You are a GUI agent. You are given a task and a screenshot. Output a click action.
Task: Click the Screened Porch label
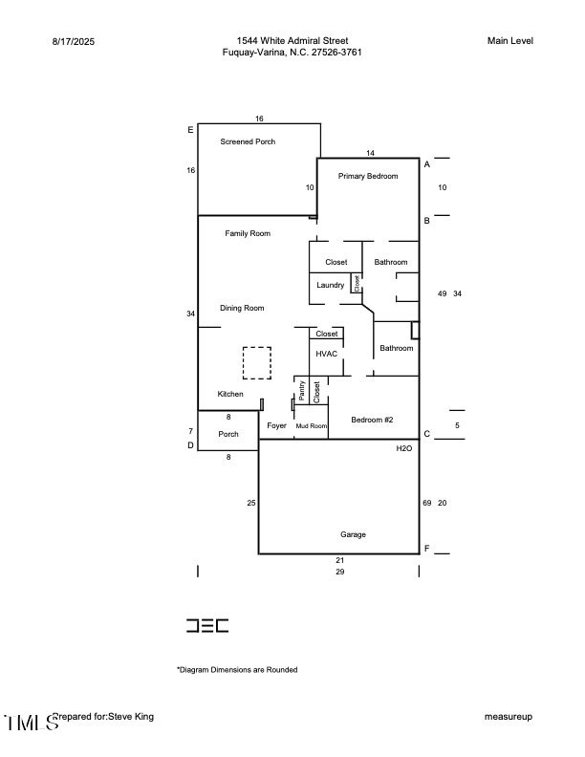[x=248, y=141]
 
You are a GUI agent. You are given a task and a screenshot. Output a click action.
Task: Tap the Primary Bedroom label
[x=367, y=176]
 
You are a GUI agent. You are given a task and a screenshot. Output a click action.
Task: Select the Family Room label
[x=248, y=233]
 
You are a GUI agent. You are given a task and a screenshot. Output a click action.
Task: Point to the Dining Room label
[x=242, y=308]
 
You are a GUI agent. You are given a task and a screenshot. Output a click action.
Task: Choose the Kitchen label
[x=230, y=394]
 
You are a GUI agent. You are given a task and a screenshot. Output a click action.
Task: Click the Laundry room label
[x=330, y=285]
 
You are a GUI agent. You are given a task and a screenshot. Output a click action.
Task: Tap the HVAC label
[x=327, y=354]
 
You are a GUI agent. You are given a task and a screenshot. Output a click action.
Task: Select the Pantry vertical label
[x=302, y=390]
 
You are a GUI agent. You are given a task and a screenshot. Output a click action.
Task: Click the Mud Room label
[x=311, y=425]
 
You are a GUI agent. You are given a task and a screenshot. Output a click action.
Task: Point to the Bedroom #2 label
[x=372, y=420]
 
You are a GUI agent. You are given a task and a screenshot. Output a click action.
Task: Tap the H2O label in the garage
[x=404, y=447]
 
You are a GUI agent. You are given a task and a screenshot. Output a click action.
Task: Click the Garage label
[x=353, y=534]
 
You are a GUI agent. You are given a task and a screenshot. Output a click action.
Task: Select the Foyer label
[x=276, y=425]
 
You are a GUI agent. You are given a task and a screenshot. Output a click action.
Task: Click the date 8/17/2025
[x=73, y=41]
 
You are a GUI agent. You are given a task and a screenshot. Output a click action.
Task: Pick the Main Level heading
[x=509, y=40]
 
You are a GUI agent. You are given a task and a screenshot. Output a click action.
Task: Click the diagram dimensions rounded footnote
[x=236, y=670]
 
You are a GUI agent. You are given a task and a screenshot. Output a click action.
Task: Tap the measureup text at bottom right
[x=508, y=716]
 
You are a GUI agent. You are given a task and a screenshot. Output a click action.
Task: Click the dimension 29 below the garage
[x=339, y=572]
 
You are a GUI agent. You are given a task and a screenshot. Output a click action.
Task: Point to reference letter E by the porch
[x=190, y=130]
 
